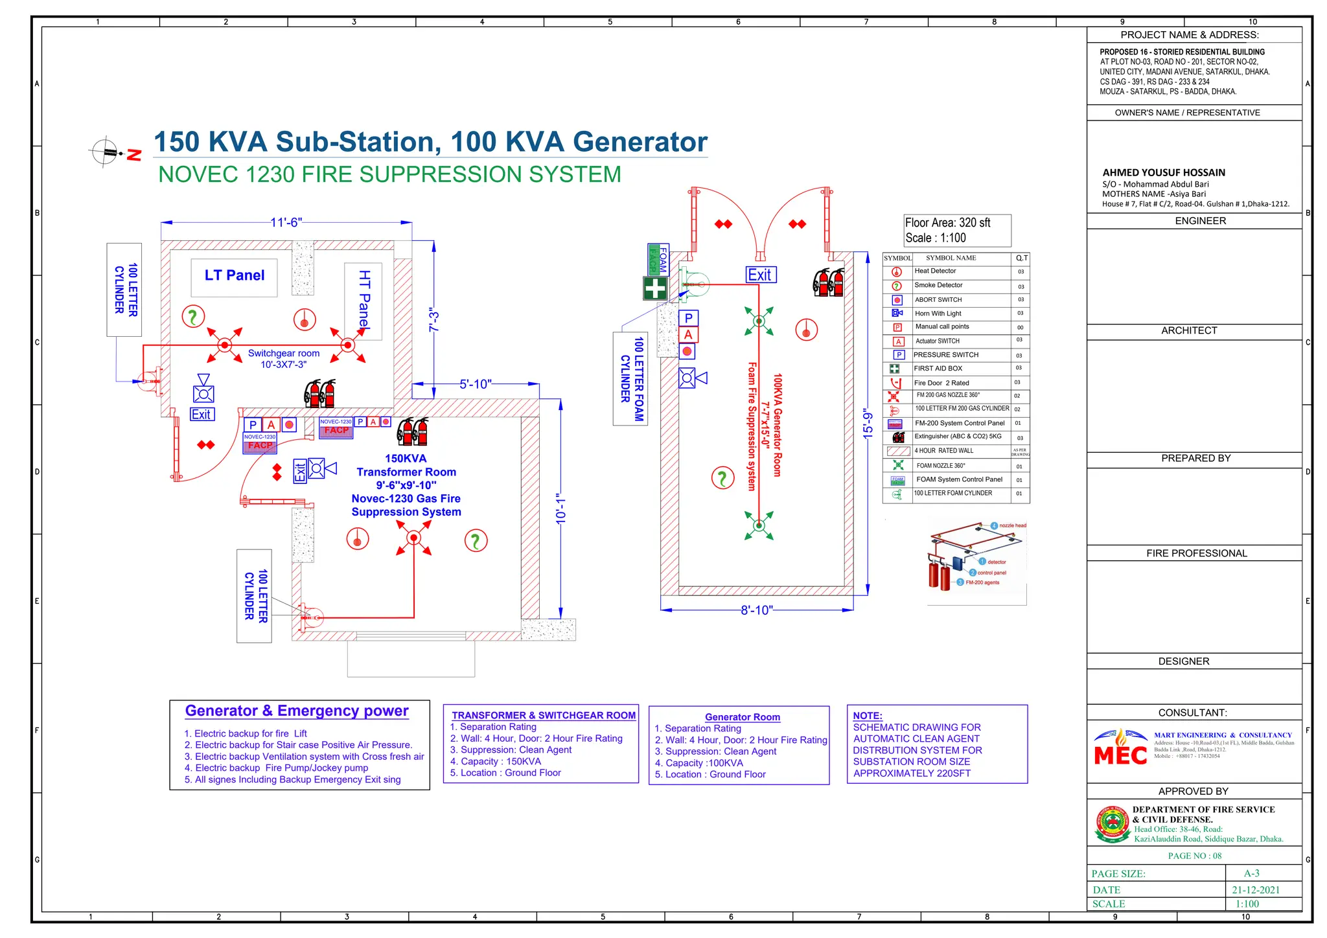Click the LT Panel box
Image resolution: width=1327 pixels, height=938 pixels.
(234, 277)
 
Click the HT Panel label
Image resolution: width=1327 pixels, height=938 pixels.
(364, 300)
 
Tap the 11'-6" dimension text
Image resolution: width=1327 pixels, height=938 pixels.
(286, 223)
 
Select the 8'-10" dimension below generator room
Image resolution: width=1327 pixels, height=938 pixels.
(756, 610)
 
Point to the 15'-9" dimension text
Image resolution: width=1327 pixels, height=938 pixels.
(868, 424)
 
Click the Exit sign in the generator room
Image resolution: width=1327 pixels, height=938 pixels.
(760, 275)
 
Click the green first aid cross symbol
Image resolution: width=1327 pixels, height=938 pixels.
(655, 288)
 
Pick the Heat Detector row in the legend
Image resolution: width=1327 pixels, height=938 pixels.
(935, 271)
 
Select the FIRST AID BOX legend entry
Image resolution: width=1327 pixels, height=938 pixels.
(938, 369)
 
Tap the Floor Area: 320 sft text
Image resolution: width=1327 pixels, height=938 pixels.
(947, 223)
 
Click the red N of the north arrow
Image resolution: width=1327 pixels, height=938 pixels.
(134, 155)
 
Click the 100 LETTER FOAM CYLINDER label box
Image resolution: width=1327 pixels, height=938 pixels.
(630, 379)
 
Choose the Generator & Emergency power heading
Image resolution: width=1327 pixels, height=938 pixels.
(297, 711)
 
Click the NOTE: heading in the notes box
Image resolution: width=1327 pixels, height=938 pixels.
(867, 716)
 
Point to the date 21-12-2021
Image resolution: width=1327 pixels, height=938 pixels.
(1255, 890)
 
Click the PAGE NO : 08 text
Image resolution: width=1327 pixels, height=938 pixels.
(1194, 856)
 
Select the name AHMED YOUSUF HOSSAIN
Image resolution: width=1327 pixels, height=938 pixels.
(1164, 173)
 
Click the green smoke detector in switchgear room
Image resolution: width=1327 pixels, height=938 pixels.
(193, 317)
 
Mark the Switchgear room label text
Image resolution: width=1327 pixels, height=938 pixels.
(284, 354)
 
